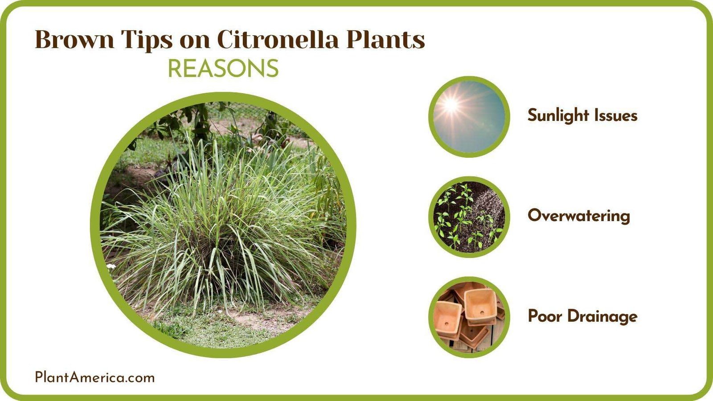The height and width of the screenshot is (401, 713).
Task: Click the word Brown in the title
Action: [74, 40]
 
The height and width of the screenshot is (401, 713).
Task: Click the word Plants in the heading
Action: [385, 40]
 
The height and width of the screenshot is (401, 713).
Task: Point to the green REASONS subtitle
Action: [223, 69]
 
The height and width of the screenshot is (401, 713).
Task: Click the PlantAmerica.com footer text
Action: [94, 377]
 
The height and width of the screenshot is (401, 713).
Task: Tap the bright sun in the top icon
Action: [451, 106]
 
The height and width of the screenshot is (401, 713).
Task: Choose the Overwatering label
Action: [579, 216]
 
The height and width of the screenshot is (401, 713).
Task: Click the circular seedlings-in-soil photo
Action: [469, 217]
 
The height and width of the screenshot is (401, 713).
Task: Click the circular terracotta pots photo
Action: [469, 317]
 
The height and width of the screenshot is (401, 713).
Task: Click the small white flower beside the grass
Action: [111, 266]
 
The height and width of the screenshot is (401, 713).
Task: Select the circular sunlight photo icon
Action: [469, 117]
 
